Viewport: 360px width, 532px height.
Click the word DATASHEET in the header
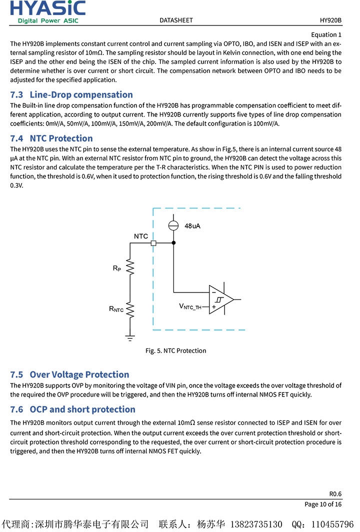[176, 20]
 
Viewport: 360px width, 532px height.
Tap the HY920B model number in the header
[330, 20]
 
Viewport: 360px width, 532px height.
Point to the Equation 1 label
[326, 34]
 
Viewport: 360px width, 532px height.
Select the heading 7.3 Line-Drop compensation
[71, 94]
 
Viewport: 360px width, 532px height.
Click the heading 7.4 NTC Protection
[51, 138]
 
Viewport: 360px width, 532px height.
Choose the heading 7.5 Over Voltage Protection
[69, 374]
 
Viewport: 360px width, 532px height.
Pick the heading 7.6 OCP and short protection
[72, 409]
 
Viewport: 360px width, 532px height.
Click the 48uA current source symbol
[173, 225]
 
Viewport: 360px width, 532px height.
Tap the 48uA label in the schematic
[192, 226]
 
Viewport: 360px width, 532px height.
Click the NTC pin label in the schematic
[141, 236]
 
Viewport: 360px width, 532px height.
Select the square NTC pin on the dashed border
[153, 243]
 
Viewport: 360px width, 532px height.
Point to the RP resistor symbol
[130, 267]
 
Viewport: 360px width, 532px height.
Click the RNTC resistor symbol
[130, 309]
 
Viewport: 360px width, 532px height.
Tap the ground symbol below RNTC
[130, 338]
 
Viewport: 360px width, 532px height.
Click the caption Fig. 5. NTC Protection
[175, 350]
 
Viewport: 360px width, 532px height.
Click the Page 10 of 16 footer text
[323, 504]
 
